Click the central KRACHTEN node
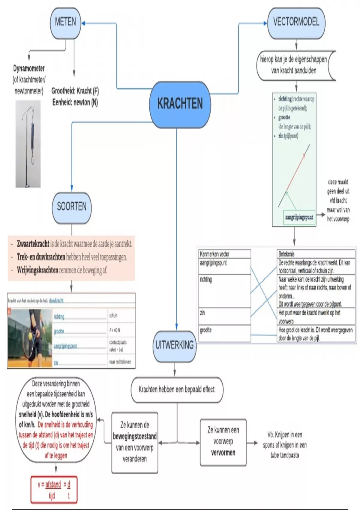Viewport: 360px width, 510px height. (180, 104)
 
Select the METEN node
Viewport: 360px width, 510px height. (65, 22)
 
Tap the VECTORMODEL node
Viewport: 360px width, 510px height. (296, 22)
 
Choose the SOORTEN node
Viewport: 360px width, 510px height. (72, 207)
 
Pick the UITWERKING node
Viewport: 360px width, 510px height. (174, 346)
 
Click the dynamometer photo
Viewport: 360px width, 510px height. (28, 144)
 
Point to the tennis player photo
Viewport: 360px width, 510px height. (30, 338)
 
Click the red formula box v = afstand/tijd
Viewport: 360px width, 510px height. (54, 490)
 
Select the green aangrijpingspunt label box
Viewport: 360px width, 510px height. (299, 217)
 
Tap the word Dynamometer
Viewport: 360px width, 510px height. (29, 69)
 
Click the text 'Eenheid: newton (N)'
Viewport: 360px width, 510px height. (75, 103)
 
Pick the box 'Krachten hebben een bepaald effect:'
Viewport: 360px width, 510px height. (177, 390)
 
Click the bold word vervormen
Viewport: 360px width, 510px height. (223, 453)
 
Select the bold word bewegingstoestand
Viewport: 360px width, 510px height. (135, 436)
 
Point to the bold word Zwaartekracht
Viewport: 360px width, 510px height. (33, 244)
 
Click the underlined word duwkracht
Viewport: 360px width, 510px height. (56, 301)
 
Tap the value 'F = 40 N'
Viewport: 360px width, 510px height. (115, 330)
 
